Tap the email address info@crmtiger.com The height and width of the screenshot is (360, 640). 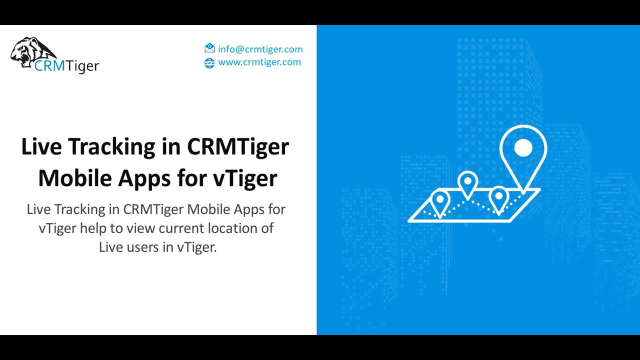pos(260,49)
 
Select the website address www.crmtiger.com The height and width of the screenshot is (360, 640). pos(259,62)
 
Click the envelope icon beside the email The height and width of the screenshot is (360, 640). pos(209,48)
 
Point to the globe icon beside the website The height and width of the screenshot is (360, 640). pos(209,62)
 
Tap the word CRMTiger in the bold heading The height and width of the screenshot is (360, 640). pos(238,147)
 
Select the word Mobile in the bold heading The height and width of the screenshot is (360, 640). pos(74,178)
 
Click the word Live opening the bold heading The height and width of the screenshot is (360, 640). pos(41,147)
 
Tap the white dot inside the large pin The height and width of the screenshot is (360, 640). pos(523,148)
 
